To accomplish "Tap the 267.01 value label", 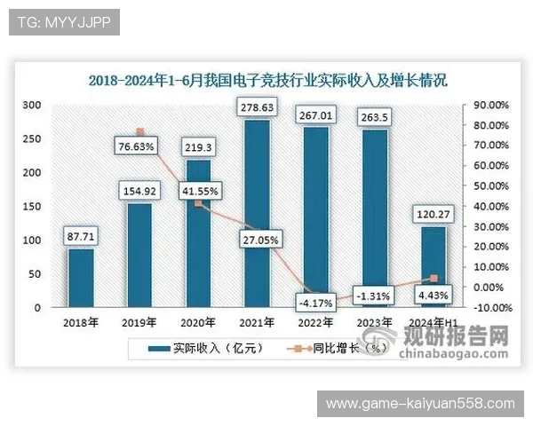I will (315, 114).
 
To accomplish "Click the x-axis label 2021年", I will (257, 322).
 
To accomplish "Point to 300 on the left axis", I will (32, 105).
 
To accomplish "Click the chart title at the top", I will (266, 79).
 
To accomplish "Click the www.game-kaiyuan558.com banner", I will (420, 404).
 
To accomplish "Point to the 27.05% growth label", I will (257, 240).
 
